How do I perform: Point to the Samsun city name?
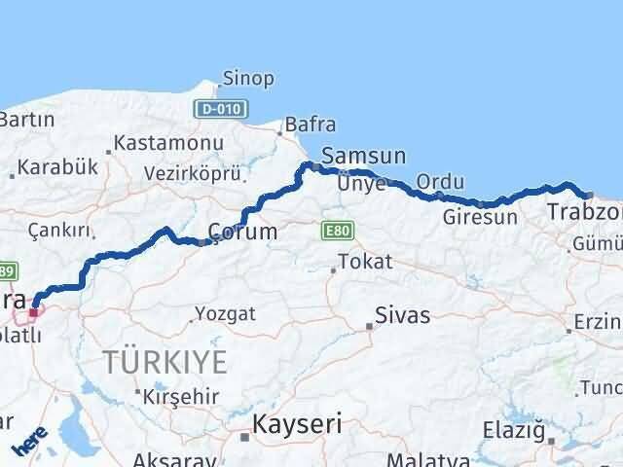click(x=363, y=156)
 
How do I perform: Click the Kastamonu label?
click(x=168, y=143)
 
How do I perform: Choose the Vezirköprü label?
click(x=191, y=172)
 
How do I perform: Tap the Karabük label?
click(x=60, y=166)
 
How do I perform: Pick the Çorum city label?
click(x=243, y=232)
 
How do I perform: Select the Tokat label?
click(x=365, y=261)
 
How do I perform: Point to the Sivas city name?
click(x=403, y=315)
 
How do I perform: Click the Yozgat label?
click(x=225, y=313)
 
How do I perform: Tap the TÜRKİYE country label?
click(x=165, y=363)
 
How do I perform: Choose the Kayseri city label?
click(x=296, y=424)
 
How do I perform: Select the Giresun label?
click(x=480, y=217)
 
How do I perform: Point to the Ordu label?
click(x=434, y=182)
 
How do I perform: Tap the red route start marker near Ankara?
click(x=33, y=312)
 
